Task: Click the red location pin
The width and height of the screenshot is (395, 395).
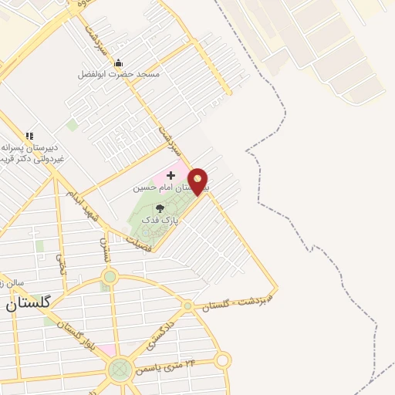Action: tap(198, 180)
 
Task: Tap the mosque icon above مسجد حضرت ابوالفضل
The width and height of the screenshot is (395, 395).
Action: tap(118, 62)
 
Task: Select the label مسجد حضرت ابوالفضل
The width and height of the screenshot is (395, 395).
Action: tap(119, 75)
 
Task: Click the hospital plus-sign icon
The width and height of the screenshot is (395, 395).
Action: tap(170, 176)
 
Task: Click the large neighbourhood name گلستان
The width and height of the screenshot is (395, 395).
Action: tap(29, 303)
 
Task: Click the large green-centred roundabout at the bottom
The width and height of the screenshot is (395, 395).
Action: tap(119, 370)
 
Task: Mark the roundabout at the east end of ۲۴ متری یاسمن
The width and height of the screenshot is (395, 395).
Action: tap(222, 360)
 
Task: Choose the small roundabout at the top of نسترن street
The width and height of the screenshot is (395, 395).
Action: tap(110, 275)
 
